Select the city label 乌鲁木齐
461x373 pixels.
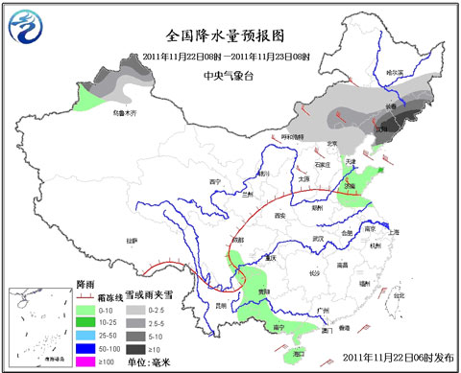(126, 114)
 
